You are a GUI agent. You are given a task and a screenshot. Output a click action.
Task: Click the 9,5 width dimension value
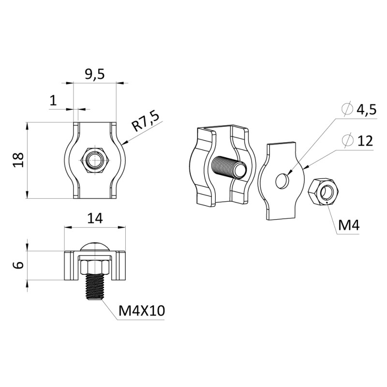(x=95, y=74)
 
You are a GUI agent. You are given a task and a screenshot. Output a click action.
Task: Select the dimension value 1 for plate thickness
(x=53, y=101)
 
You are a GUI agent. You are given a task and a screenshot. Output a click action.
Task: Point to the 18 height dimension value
(x=19, y=160)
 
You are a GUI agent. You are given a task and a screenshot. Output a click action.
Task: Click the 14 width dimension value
(x=95, y=218)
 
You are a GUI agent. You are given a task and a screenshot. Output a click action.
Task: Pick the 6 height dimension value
(x=19, y=265)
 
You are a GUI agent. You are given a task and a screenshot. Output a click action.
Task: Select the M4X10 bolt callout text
(x=141, y=311)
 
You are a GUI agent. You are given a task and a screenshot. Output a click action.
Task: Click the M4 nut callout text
(x=349, y=225)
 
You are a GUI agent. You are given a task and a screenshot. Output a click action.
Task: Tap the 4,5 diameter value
(x=366, y=110)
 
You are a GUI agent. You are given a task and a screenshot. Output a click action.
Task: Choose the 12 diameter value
(x=364, y=141)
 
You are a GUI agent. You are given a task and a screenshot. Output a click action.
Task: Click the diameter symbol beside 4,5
(x=347, y=109)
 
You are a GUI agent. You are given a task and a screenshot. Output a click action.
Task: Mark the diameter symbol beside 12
(x=347, y=140)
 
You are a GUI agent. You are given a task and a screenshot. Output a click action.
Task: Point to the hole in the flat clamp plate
(x=282, y=181)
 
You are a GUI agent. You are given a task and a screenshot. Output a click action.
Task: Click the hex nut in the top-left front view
(x=95, y=161)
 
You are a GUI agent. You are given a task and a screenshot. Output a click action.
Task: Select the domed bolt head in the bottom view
(x=95, y=247)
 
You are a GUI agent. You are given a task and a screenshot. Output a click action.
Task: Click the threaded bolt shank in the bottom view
(x=95, y=287)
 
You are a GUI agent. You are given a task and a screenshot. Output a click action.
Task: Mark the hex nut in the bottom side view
(x=95, y=267)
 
